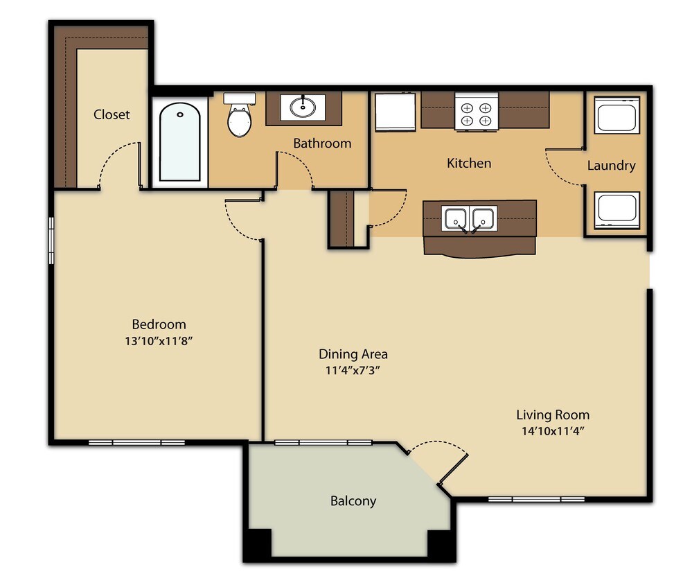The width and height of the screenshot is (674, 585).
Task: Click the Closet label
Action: tap(112, 114)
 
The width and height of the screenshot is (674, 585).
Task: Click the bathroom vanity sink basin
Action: tap(303, 107)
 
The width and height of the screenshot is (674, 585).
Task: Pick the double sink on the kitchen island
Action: tap(470, 218)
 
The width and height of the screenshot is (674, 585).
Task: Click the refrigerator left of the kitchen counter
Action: tap(395, 112)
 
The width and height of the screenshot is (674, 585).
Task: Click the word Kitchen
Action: tap(469, 164)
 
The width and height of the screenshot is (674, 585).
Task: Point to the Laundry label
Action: tap(611, 166)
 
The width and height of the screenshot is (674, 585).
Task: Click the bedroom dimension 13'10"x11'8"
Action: tap(159, 341)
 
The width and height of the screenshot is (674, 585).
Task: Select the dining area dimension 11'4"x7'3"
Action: tap(353, 370)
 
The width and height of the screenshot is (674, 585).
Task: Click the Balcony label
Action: tap(353, 501)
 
